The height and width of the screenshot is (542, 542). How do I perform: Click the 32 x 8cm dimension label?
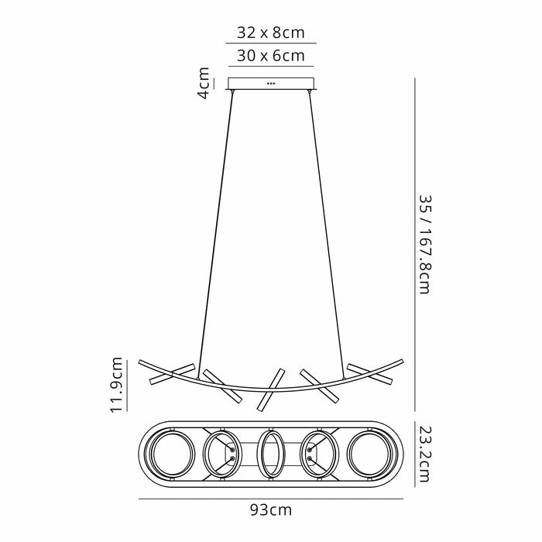[270, 33]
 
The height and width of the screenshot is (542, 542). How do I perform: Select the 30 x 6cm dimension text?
[270, 56]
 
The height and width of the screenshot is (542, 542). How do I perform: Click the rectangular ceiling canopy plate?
[270, 84]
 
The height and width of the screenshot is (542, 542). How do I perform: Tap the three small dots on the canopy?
[270, 82]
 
